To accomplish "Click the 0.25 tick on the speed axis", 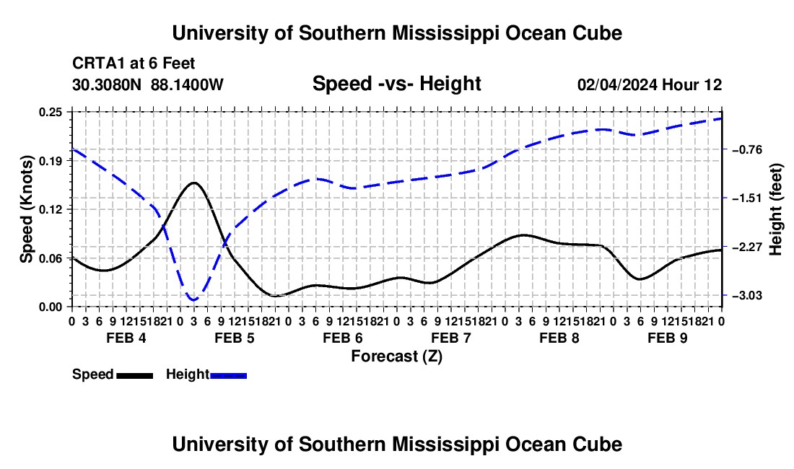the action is (x=50, y=112).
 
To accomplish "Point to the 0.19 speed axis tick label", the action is (x=50, y=161).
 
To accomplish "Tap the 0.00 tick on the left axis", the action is (x=50, y=307).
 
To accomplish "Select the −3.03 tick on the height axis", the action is (x=747, y=295).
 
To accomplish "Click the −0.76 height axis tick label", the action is (x=747, y=150).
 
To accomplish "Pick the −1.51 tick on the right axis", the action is (x=747, y=198).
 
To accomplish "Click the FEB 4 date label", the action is (x=126, y=338).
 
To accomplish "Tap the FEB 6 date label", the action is (x=343, y=338).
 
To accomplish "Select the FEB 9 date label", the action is (x=668, y=338).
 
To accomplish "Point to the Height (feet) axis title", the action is (x=776, y=209).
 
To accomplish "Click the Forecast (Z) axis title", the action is (x=397, y=356).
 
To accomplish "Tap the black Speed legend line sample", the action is (x=135, y=376).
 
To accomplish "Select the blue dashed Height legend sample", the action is (x=228, y=376).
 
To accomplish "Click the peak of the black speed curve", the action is (x=194, y=182).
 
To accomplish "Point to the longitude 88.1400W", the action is (x=187, y=84).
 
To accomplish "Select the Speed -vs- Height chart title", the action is (x=396, y=84).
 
